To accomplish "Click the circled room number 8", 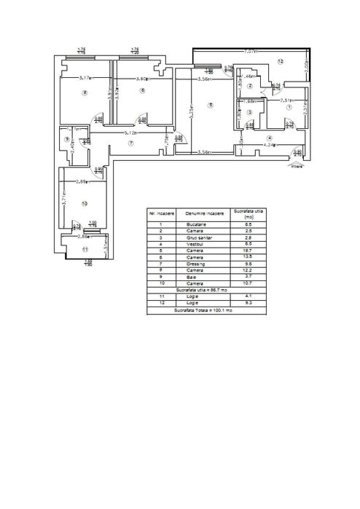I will [x=85, y=92].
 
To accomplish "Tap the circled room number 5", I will [x=210, y=106].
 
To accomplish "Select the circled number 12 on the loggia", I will [x=279, y=61].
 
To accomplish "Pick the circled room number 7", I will [x=131, y=143].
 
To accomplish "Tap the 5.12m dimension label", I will [x=131, y=133].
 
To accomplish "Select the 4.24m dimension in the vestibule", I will [x=269, y=144].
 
